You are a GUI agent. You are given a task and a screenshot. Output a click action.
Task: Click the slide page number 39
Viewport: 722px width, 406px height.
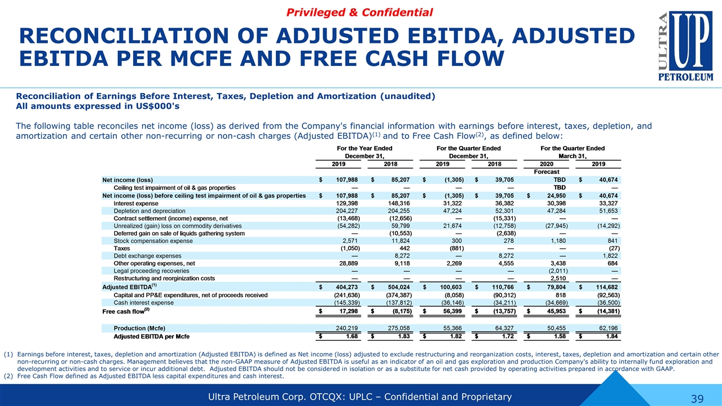(697, 399)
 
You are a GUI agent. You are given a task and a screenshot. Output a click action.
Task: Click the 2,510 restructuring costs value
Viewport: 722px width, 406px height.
(558, 279)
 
